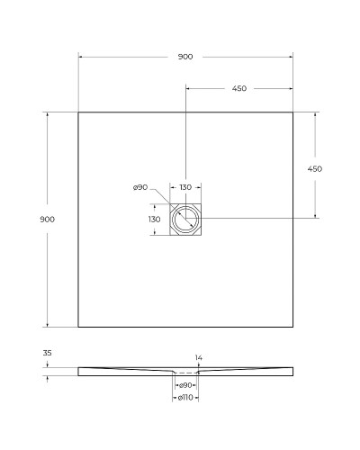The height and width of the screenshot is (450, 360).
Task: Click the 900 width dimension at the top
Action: tap(184, 57)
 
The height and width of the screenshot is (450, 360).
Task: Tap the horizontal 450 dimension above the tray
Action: tap(238, 88)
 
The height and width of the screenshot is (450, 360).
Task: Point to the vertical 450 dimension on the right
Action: tap(315, 168)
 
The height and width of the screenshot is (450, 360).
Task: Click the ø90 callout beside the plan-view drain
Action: tap(139, 187)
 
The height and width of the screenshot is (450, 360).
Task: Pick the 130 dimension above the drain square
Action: tap(184, 187)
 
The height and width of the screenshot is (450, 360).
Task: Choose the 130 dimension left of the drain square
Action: tap(154, 219)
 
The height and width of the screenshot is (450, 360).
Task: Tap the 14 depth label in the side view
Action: tap(199, 357)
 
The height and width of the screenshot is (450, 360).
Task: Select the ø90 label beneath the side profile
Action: tap(184, 385)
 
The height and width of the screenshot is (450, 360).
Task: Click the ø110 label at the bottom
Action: tap(184, 397)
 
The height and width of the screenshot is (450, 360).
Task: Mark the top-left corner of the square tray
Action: tap(78, 112)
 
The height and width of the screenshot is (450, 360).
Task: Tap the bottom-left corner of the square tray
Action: tap(78, 326)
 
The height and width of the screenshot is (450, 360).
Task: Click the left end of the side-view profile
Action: tap(79, 369)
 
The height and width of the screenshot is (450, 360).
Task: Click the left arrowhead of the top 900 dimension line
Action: tap(80, 57)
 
